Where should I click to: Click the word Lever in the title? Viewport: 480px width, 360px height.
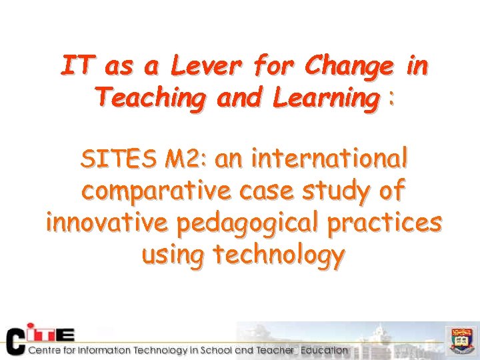206,67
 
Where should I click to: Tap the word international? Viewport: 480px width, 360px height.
329,159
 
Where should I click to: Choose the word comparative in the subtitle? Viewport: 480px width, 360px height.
158,191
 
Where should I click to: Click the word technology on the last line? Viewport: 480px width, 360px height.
278,254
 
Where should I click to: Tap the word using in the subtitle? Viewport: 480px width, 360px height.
174,254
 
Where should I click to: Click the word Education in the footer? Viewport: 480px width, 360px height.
323,350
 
